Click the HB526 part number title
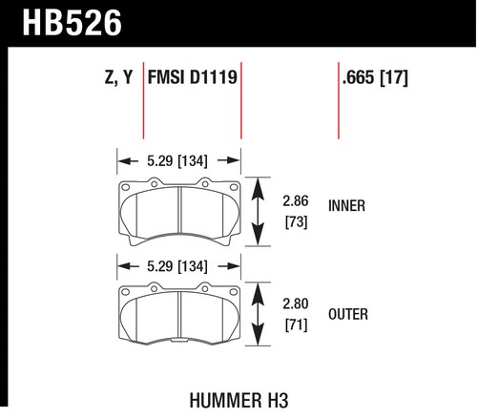72,23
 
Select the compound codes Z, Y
118,77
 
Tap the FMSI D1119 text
193,77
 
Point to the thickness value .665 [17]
375,77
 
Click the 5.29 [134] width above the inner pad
177,160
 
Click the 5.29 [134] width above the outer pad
177,266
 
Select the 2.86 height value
296,201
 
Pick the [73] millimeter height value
296,221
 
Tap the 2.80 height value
296,304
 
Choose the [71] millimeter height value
296,325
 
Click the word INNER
346,206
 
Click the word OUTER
348,314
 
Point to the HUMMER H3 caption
238,400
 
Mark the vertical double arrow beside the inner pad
258,212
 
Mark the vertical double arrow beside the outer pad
258,314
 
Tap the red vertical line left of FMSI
143,100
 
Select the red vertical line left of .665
339,100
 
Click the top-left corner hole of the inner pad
126,187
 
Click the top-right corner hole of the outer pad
234,291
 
